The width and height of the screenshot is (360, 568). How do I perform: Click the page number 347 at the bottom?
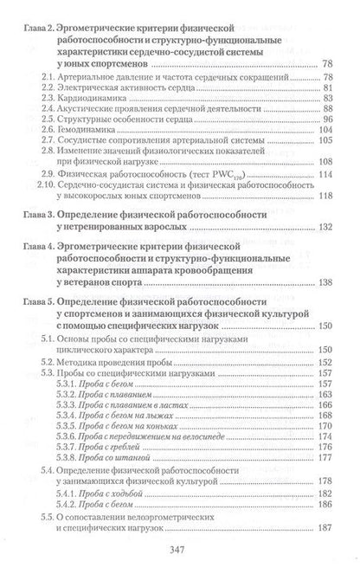point(179,547)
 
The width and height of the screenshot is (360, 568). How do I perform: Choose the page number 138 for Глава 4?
point(325,281)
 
